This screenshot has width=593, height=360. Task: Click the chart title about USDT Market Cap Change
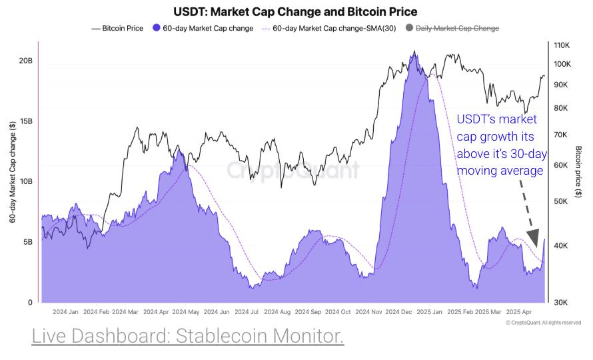coord(295,12)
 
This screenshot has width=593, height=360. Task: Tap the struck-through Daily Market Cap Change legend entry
coord(456,28)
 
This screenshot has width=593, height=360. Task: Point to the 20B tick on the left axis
coord(25,61)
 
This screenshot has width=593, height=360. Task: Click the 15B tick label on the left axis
coord(25,121)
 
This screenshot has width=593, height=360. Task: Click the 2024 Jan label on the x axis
coord(65,311)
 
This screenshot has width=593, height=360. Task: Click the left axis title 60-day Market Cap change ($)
coord(13,172)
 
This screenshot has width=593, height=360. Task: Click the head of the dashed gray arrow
coord(532,238)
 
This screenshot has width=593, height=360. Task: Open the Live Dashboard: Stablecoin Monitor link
coord(187,337)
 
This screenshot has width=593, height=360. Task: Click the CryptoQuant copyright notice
coord(543,323)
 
